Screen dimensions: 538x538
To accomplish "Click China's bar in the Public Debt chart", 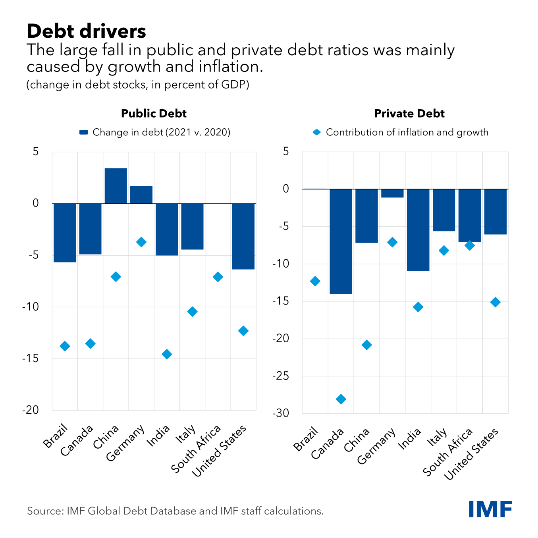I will (x=116, y=186).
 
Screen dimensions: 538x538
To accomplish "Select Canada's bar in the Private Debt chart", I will (x=341, y=241).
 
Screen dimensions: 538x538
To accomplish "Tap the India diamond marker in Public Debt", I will (x=167, y=354).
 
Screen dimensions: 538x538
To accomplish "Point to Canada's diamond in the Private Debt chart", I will (x=341, y=399).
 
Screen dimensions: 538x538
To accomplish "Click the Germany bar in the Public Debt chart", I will (x=141, y=195).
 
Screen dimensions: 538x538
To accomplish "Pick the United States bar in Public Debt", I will (x=243, y=236).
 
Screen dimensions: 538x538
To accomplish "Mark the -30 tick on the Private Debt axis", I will (x=281, y=413).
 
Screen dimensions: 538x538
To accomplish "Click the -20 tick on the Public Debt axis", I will (x=31, y=410).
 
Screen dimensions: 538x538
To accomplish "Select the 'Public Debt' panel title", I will (x=154, y=114).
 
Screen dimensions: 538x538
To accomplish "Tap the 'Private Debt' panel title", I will (x=409, y=114).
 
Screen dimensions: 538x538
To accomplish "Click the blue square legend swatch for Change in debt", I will (x=84, y=132).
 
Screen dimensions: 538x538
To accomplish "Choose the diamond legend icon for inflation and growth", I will (x=316, y=132).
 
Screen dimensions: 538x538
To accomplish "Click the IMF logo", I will (x=490, y=509).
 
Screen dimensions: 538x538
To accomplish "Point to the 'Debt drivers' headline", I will (x=87, y=31).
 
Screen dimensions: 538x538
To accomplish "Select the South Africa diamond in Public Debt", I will (x=218, y=277).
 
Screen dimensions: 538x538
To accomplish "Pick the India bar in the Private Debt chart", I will (x=418, y=229).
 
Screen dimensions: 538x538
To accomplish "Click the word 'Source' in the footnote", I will (x=43, y=511).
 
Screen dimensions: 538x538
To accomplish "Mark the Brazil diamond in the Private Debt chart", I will (x=315, y=281).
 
